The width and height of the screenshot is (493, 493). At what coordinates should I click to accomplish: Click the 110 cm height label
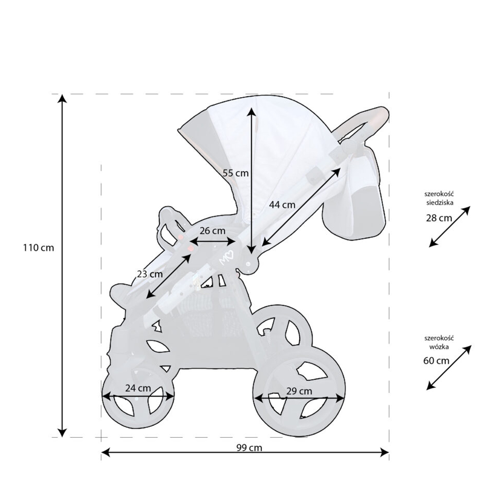pos(38,248)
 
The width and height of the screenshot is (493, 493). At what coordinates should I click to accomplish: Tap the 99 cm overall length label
pos(249,448)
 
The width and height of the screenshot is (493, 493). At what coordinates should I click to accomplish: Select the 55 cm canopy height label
pos(236,173)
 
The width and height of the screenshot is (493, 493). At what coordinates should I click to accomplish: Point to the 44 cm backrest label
pos(282,205)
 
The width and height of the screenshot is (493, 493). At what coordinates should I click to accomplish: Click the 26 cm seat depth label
pos(212,231)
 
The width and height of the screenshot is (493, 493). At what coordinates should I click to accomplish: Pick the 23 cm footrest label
pos(150,274)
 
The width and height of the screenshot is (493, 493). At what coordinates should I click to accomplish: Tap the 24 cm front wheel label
pos(138,388)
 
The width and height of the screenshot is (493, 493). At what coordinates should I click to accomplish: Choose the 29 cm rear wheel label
pos(299,391)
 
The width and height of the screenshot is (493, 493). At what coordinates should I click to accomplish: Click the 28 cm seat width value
pos(439,218)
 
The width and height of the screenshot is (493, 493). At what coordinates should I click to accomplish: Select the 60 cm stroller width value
pos(436,361)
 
